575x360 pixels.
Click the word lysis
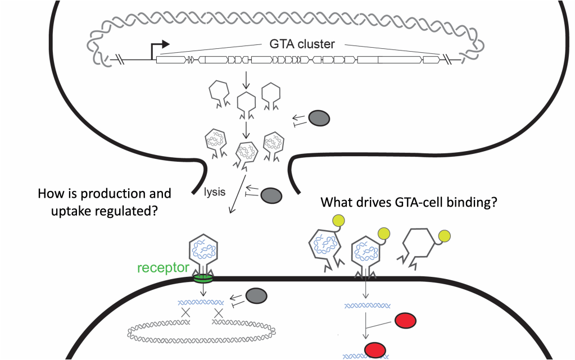pos(215,192)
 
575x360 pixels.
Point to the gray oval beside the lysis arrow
pos(271,194)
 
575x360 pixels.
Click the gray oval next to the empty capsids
pos(319,118)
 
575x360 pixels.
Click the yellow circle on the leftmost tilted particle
pos(339,221)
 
